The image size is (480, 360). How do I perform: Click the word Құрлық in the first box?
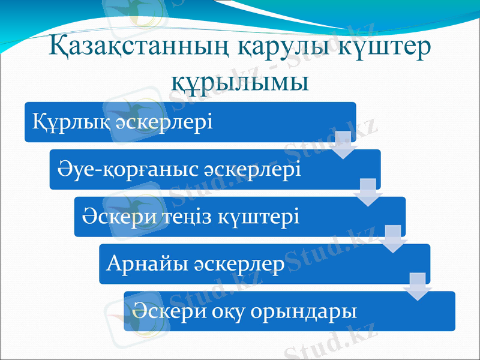pyautogui.click(x=62, y=123)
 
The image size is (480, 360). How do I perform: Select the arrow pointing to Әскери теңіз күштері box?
pyautogui.click(x=368, y=192)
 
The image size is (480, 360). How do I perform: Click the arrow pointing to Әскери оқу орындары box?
pyautogui.click(x=418, y=286)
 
